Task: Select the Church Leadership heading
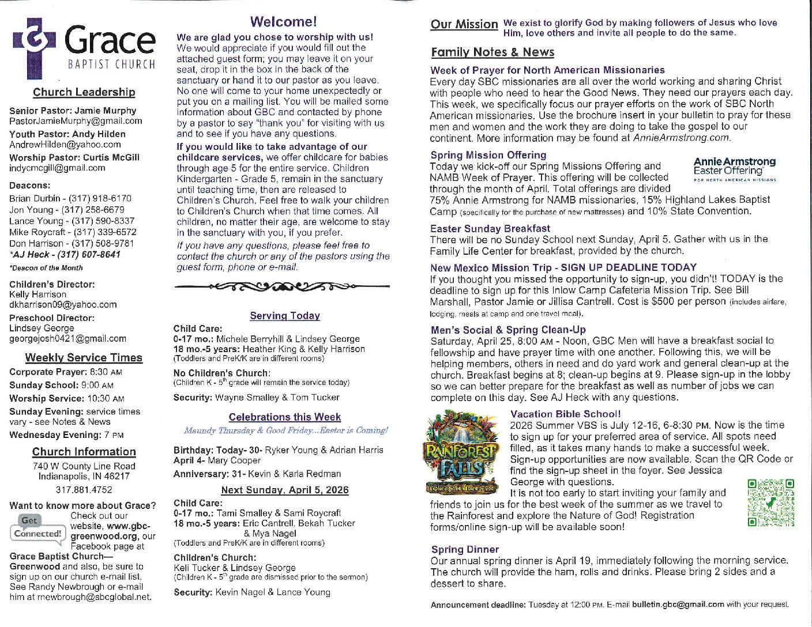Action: click(x=84, y=92)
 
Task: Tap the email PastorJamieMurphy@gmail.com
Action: click(x=76, y=121)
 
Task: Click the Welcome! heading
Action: click(x=283, y=22)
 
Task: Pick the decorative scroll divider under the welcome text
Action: click(x=282, y=286)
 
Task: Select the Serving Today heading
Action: click(x=285, y=316)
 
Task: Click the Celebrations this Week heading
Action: click(x=285, y=417)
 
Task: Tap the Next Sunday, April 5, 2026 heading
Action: click(x=285, y=490)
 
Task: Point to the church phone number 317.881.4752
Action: click(x=84, y=490)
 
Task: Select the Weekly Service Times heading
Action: click(x=84, y=358)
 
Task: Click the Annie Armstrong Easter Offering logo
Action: click(x=735, y=168)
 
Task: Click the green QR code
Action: click(x=770, y=503)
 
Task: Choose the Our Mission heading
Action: click(x=464, y=24)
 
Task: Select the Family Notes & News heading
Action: click(x=493, y=52)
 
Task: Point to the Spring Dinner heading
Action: click(x=465, y=550)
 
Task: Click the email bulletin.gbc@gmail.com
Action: click(x=678, y=605)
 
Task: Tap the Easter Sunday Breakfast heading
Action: click(x=490, y=229)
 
